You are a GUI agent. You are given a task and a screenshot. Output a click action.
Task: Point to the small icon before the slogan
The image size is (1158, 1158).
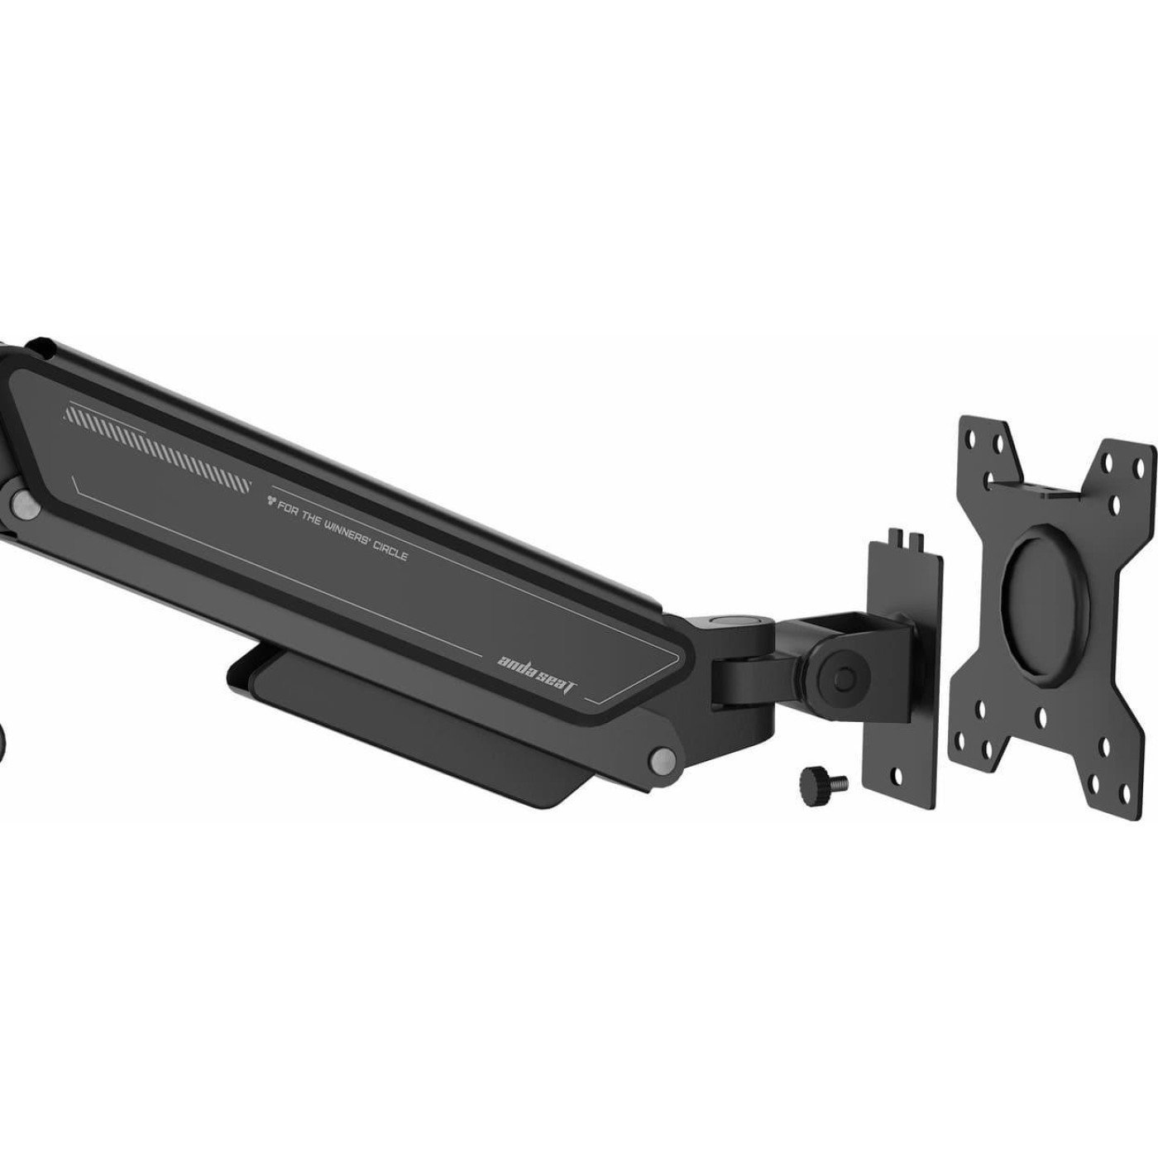tap(272, 499)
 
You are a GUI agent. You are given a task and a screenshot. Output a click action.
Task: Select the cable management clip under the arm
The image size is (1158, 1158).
tap(414, 728)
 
